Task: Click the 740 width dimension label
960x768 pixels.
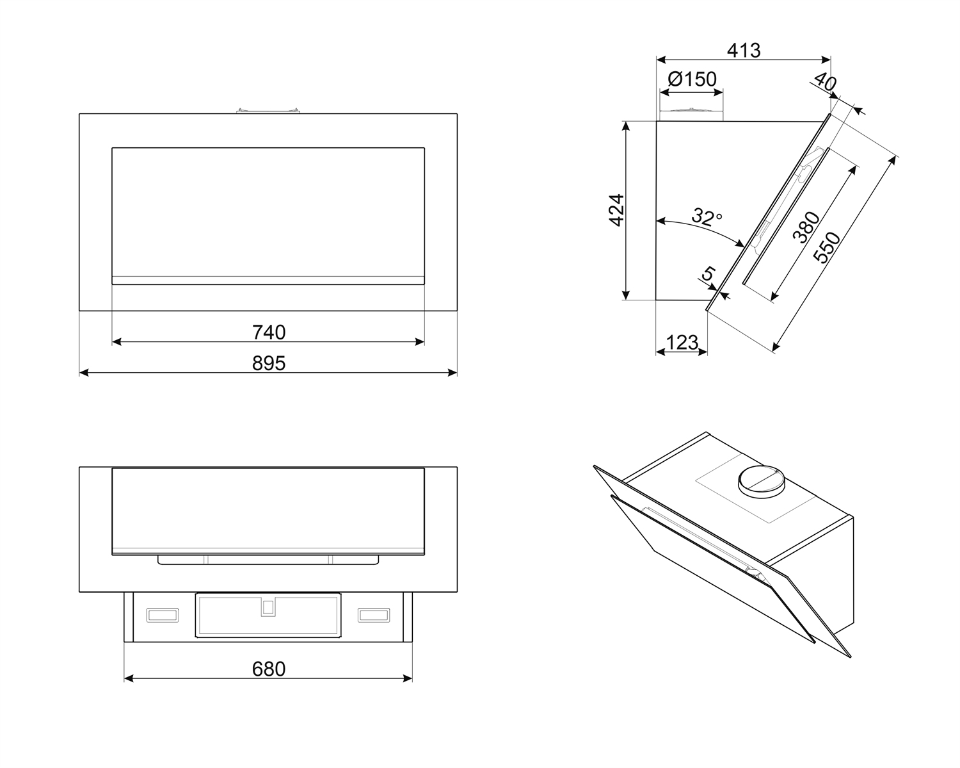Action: (x=269, y=332)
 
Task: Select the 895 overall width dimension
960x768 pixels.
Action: (x=269, y=363)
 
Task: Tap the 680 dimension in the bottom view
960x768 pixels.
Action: (x=269, y=669)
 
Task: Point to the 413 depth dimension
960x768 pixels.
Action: (x=744, y=50)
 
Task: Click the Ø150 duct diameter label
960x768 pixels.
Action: (x=692, y=79)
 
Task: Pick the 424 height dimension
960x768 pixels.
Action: (x=616, y=209)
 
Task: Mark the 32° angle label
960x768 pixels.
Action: (x=707, y=218)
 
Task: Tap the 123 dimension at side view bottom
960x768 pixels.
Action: (x=682, y=342)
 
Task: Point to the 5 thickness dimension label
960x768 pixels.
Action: (x=708, y=274)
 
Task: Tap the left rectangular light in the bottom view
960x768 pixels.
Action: (x=163, y=615)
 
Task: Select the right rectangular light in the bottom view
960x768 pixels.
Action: (x=374, y=615)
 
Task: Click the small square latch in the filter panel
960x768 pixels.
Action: (x=268, y=607)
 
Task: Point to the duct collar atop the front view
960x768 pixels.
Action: (x=268, y=111)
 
